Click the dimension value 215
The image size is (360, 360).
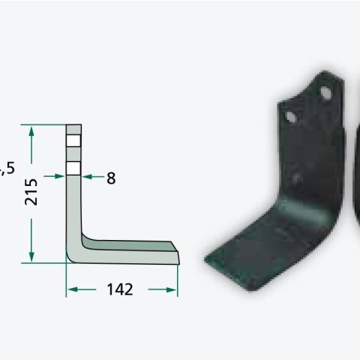31,192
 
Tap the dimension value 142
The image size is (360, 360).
120,289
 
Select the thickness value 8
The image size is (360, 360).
111,178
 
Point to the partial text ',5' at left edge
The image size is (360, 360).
7,168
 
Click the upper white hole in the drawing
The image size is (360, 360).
73,141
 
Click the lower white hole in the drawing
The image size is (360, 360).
73,168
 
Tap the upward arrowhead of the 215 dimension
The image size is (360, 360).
31,131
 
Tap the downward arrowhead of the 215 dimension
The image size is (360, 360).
31,256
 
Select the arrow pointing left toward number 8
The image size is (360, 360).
93,177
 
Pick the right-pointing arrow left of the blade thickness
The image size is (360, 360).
54,176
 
